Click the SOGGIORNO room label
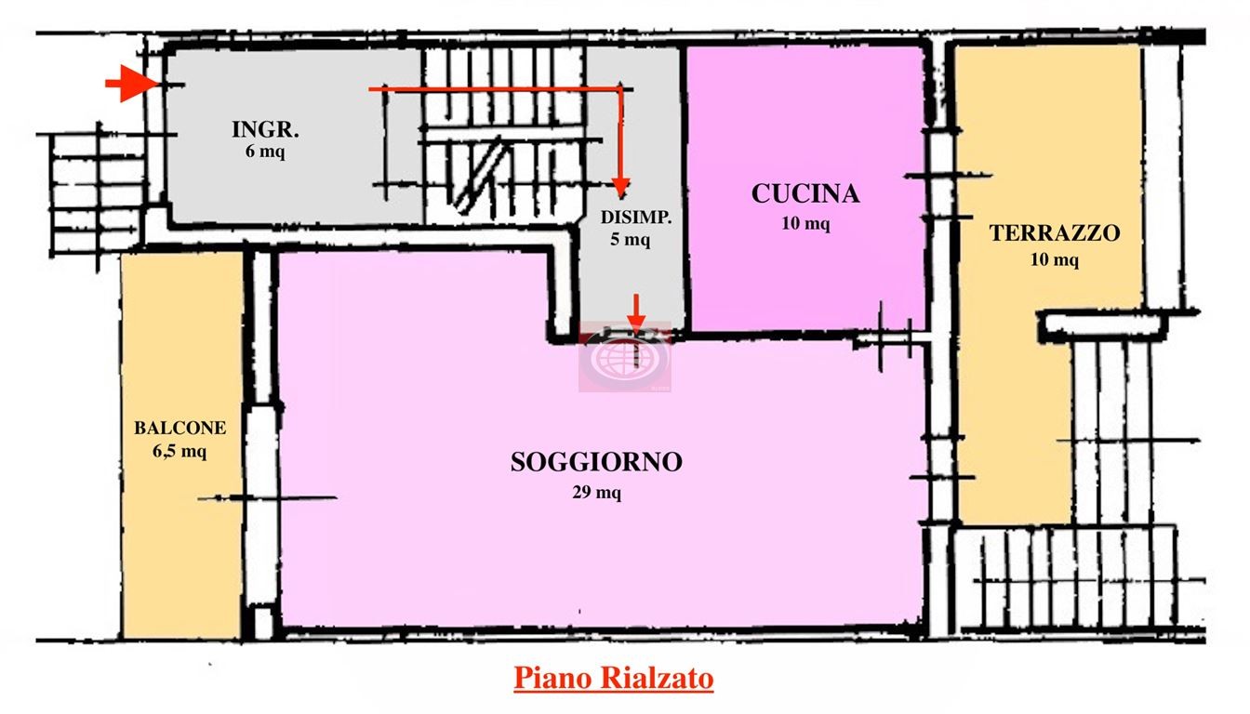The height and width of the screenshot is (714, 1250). pos(596,462)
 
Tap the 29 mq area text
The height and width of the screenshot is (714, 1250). pos(596,493)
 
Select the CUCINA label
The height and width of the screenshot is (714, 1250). pos(805,193)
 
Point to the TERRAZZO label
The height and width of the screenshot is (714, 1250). pos(1054,232)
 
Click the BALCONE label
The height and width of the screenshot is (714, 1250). pos(180,428)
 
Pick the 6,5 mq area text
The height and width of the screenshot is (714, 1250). pos(180,451)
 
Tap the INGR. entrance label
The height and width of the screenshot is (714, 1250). pos(265,129)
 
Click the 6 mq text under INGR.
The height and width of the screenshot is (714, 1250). pos(265,152)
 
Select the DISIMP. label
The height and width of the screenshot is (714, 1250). pos(635,217)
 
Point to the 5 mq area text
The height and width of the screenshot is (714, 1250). pos(630,239)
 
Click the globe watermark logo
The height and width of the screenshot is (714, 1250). pos(625,357)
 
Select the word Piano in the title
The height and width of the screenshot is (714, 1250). pos(552,679)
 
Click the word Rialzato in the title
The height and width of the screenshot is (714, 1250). pos(657,679)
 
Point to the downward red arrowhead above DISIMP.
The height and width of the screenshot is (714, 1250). pos(621,188)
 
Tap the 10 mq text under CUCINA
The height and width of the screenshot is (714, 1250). pos(805,223)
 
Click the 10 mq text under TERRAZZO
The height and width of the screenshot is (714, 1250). pos(1054,260)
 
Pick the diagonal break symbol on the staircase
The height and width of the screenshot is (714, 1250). pos(482,174)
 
